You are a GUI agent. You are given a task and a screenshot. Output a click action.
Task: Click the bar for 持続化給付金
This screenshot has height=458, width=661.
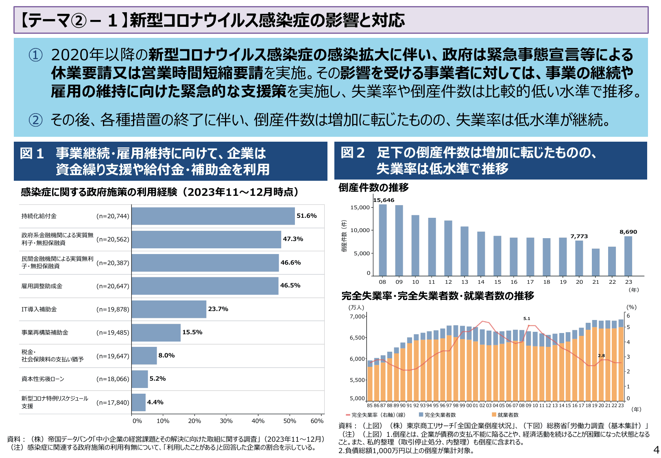point(213,216)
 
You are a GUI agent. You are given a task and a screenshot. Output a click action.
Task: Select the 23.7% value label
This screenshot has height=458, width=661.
point(218,309)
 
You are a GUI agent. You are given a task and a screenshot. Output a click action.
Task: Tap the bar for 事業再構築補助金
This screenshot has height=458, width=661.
point(156,333)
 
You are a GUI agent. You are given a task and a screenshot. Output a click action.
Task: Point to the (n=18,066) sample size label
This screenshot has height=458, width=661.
point(113,379)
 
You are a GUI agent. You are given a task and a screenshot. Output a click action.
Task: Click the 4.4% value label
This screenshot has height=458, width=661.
point(155,402)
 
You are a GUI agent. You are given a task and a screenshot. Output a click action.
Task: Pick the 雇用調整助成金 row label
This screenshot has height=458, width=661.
point(42,286)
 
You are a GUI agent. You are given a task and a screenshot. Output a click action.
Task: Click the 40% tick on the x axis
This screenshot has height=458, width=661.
point(258,421)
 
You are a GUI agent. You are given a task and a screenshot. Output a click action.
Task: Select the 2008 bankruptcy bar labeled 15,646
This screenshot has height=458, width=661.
point(383,240)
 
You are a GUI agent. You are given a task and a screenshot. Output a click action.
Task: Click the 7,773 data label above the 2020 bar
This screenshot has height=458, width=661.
point(579,236)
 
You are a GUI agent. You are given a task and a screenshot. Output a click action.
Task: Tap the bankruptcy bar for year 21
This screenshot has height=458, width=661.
point(596,262)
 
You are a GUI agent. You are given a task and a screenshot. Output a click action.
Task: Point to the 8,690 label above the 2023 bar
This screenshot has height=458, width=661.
point(628,232)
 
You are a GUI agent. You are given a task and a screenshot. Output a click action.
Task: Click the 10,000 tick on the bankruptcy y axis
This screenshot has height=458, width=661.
point(360,230)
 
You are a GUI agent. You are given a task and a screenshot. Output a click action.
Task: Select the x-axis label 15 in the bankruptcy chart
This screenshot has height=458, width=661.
point(497,282)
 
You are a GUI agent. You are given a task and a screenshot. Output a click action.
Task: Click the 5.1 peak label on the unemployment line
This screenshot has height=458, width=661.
point(526,319)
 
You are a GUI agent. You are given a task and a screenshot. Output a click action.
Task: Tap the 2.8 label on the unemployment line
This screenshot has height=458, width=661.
point(601,355)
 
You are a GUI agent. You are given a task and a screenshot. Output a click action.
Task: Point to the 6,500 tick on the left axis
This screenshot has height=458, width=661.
point(358,338)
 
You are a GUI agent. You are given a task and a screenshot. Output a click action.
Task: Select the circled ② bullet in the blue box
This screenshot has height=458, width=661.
point(35,120)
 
